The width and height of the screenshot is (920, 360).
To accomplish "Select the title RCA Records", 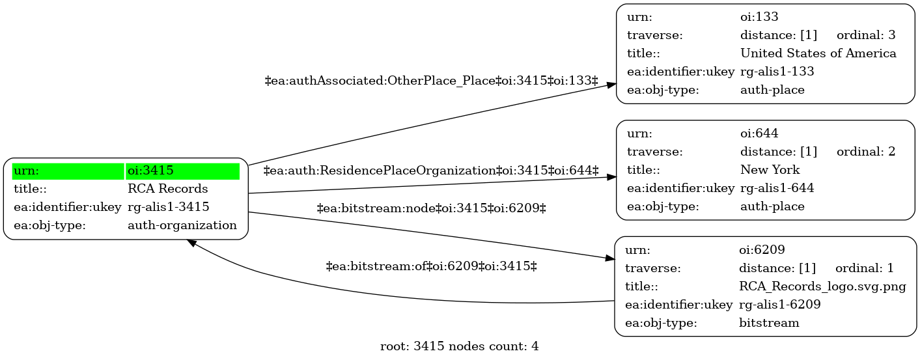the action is point(167,189).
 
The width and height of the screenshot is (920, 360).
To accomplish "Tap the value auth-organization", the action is point(182,225).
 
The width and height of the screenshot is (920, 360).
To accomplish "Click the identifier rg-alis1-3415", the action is point(169,207).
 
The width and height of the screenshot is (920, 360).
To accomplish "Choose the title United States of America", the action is point(818,53).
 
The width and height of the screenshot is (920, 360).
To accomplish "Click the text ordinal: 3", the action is point(866,35).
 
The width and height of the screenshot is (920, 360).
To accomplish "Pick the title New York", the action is point(770,170).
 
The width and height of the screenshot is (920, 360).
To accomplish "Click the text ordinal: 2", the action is point(866,152).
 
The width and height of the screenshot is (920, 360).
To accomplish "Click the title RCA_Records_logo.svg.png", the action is point(822,286).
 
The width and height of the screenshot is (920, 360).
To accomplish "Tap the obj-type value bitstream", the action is point(769,323).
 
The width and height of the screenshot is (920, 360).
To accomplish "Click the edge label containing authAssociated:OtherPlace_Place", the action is point(431,81).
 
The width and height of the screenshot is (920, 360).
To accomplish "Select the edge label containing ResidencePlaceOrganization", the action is point(431,171).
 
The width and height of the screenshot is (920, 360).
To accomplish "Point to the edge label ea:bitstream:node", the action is point(431,208).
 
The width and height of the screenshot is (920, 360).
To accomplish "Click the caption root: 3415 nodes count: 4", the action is point(459,346).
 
